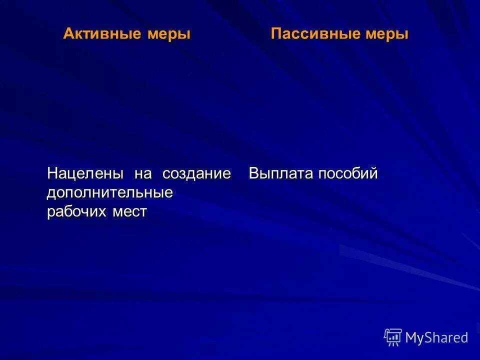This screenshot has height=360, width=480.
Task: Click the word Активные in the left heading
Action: point(102,34)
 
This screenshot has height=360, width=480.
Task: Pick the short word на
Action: point(142,174)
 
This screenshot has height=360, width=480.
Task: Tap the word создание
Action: point(196,174)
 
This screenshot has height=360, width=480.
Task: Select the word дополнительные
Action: point(110,193)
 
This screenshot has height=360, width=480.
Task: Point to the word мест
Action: point(129,212)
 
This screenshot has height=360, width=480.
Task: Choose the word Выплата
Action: point(281,174)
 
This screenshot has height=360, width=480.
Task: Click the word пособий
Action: point(348,174)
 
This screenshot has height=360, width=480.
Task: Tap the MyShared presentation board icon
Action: point(393,337)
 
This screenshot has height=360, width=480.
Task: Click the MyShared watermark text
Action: point(436,337)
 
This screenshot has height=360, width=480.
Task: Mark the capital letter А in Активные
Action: point(68,34)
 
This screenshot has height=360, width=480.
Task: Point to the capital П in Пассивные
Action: point(276,34)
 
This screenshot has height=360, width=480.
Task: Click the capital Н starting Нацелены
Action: point(52,174)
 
